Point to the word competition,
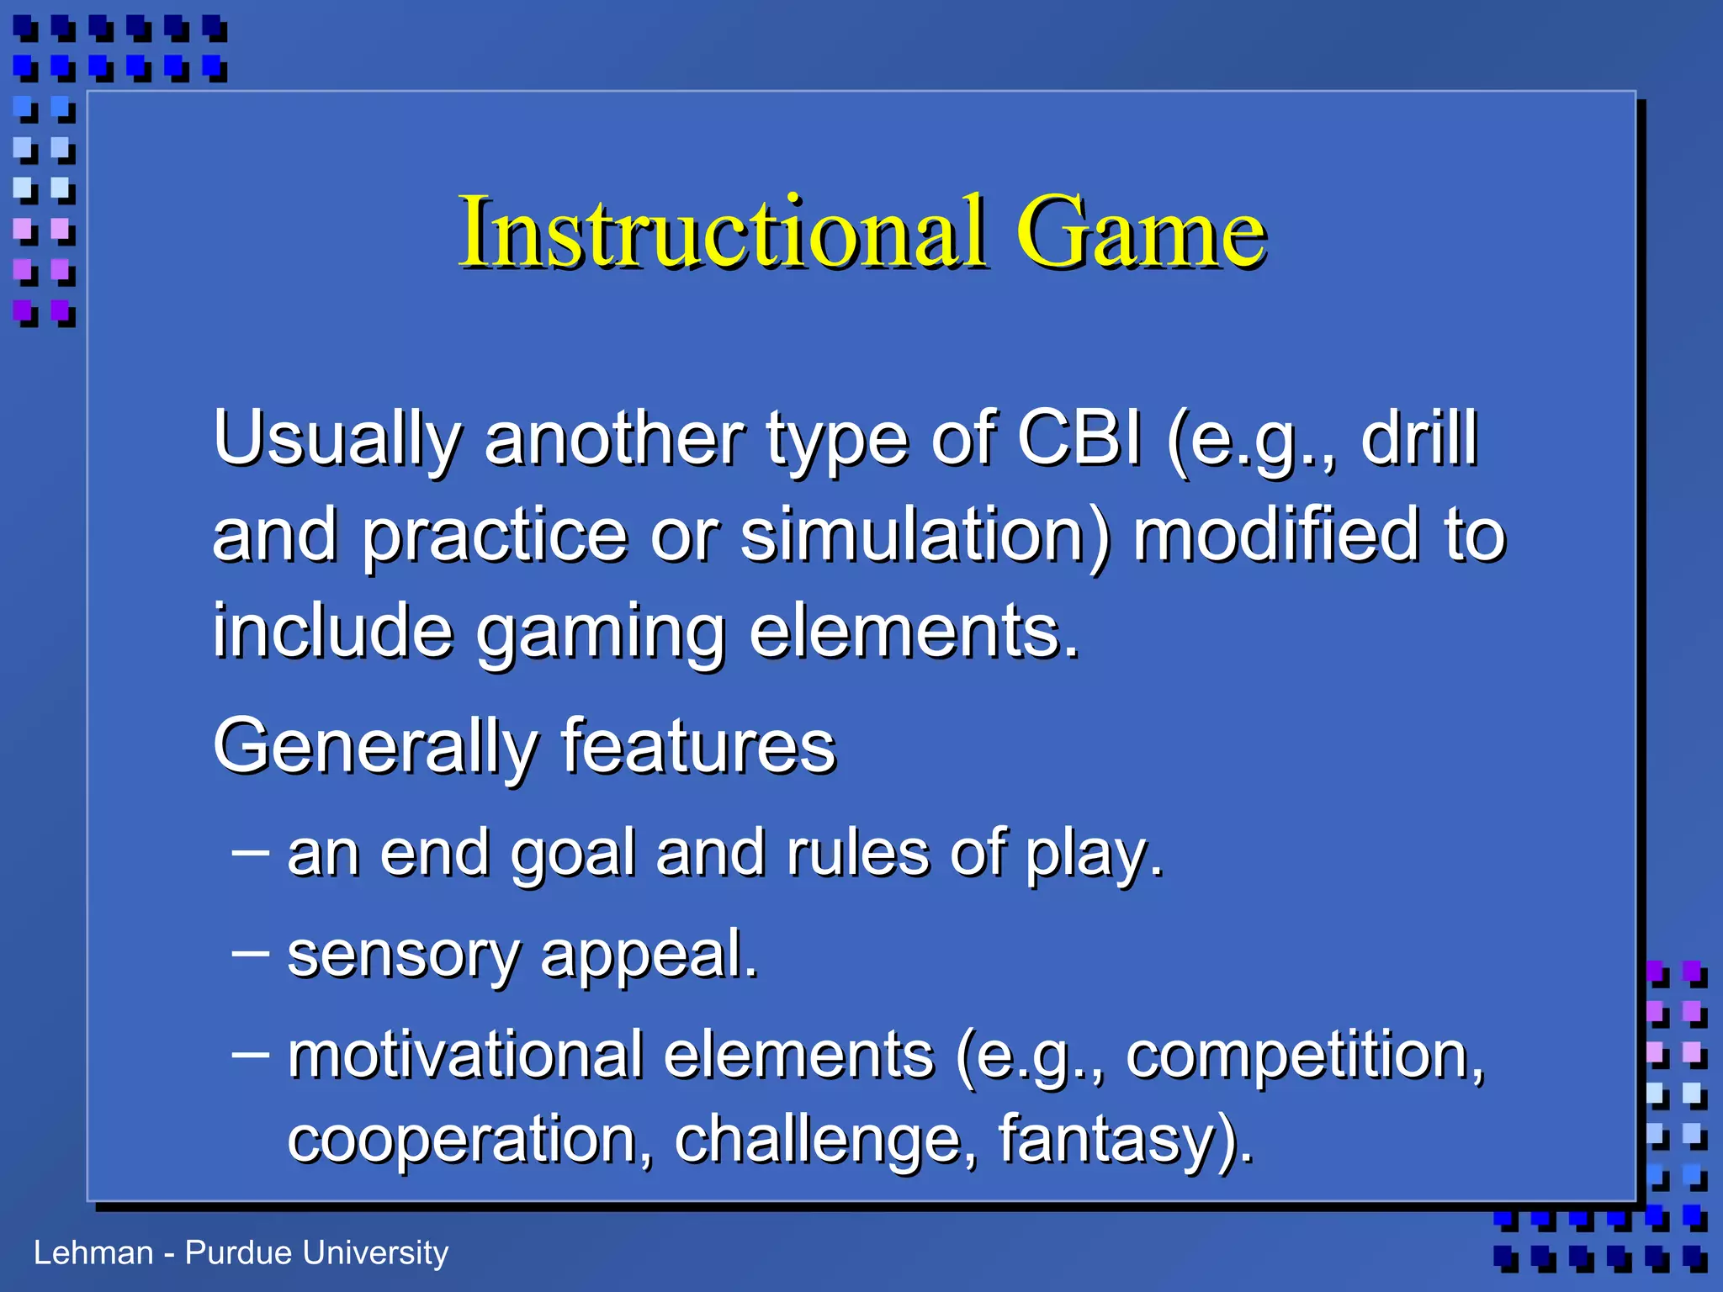point(1305,1056)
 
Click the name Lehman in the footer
point(93,1252)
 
